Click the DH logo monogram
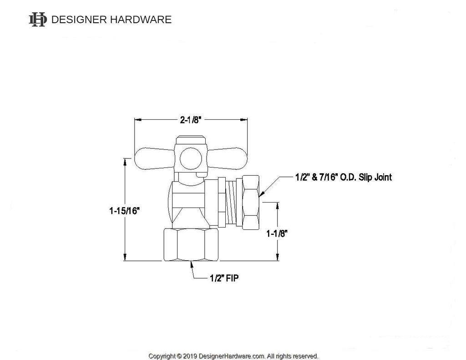(x=38, y=19)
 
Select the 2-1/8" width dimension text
(x=190, y=120)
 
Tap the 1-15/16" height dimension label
(x=124, y=211)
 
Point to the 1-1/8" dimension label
(x=277, y=233)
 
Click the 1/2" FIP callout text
(x=223, y=278)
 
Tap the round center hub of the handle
(x=189, y=158)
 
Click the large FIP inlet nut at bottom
(x=191, y=245)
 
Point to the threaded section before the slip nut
(x=233, y=202)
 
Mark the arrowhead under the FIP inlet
(x=191, y=264)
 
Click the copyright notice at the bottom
(x=233, y=356)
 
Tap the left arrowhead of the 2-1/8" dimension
(x=137, y=120)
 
